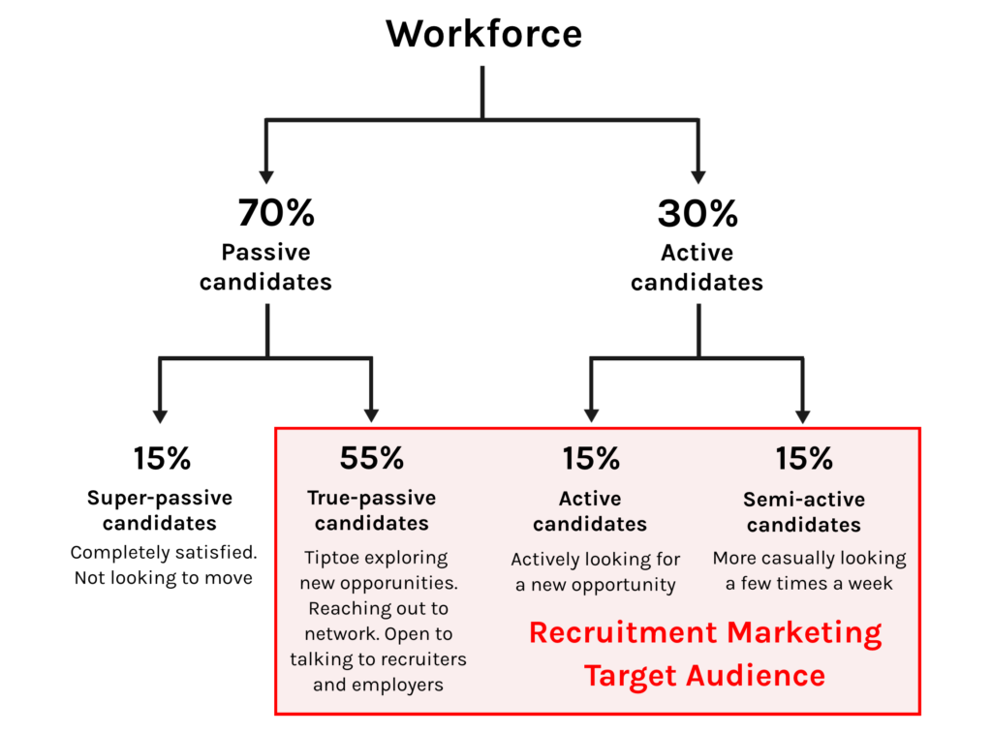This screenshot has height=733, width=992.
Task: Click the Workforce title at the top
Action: click(x=483, y=34)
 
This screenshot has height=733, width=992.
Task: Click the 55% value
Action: click(x=372, y=458)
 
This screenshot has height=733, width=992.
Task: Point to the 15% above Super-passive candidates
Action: click(x=161, y=458)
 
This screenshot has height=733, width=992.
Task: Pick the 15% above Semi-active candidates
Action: click(x=803, y=458)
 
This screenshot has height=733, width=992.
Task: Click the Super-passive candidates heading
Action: click(x=160, y=511)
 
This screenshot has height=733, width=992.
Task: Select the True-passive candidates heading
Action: click(x=372, y=511)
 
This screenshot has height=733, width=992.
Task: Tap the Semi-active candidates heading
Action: click(x=803, y=511)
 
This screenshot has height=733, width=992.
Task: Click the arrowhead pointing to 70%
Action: click(x=266, y=176)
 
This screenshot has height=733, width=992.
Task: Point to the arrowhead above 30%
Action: click(x=697, y=176)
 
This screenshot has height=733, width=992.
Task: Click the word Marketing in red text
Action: click(x=806, y=633)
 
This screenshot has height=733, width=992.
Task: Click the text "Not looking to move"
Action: click(x=163, y=578)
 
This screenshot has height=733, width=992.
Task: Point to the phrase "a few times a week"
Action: click(x=809, y=584)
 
